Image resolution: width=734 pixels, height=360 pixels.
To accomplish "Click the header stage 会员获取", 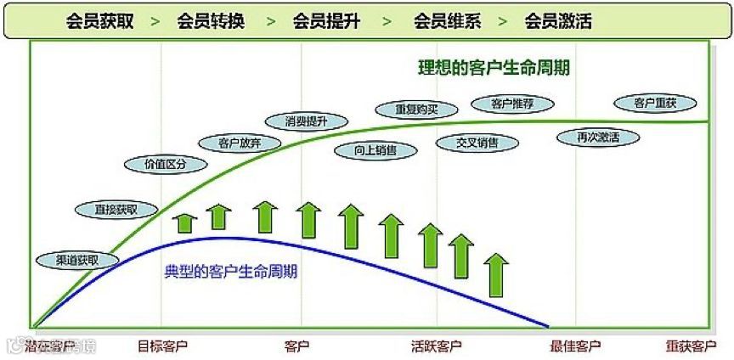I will click(x=99, y=21).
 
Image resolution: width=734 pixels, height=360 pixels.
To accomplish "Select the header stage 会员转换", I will click(x=211, y=21).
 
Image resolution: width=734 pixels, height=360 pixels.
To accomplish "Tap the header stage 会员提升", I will click(x=325, y=21).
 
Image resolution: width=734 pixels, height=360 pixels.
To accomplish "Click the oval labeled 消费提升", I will click(x=307, y=121).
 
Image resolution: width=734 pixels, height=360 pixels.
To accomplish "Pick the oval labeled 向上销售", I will click(x=387, y=150).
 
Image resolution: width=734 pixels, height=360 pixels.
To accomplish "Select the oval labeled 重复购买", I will click(x=416, y=110).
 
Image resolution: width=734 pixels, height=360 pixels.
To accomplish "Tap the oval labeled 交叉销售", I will click(x=477, y=143).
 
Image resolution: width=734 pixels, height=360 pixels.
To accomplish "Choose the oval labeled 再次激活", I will click(x=598, y=137).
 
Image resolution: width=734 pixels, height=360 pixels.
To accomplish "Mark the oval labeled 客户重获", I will click(x=655, y=103).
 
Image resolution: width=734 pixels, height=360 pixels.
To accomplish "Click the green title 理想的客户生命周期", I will click(x=494, y=68).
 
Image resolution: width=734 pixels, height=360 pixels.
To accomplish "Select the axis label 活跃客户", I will click(x=436, y=346).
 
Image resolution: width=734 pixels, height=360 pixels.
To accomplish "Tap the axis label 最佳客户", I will click(x=575, y=346).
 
